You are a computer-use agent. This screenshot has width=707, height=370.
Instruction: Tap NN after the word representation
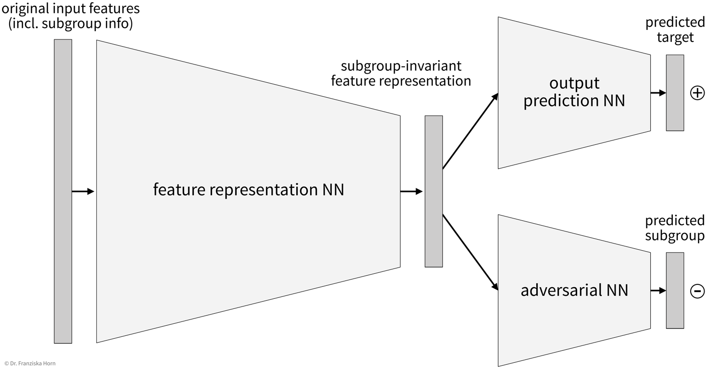tap(333, 190)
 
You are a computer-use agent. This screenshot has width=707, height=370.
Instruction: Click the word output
tap(574, 83)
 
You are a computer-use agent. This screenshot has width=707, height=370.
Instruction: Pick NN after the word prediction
tap(614, 101)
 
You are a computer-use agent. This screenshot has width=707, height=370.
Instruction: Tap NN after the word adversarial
tap(617, 290)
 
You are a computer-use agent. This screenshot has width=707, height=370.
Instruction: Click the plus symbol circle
tap(697, 93)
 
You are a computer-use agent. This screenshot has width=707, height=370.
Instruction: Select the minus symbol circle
tap(697, 291)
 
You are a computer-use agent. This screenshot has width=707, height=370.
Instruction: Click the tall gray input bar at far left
tap(63, 191)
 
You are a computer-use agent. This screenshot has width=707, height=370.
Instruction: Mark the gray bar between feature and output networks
tap(433, 191)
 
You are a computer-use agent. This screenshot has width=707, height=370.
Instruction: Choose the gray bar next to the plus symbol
tap(675, 92)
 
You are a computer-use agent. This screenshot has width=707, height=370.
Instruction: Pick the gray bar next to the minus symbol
tap(675, 290)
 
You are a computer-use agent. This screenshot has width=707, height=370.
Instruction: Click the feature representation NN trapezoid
tap(240, 241)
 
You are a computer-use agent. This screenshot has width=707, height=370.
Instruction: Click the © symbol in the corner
tap(6, 363)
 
